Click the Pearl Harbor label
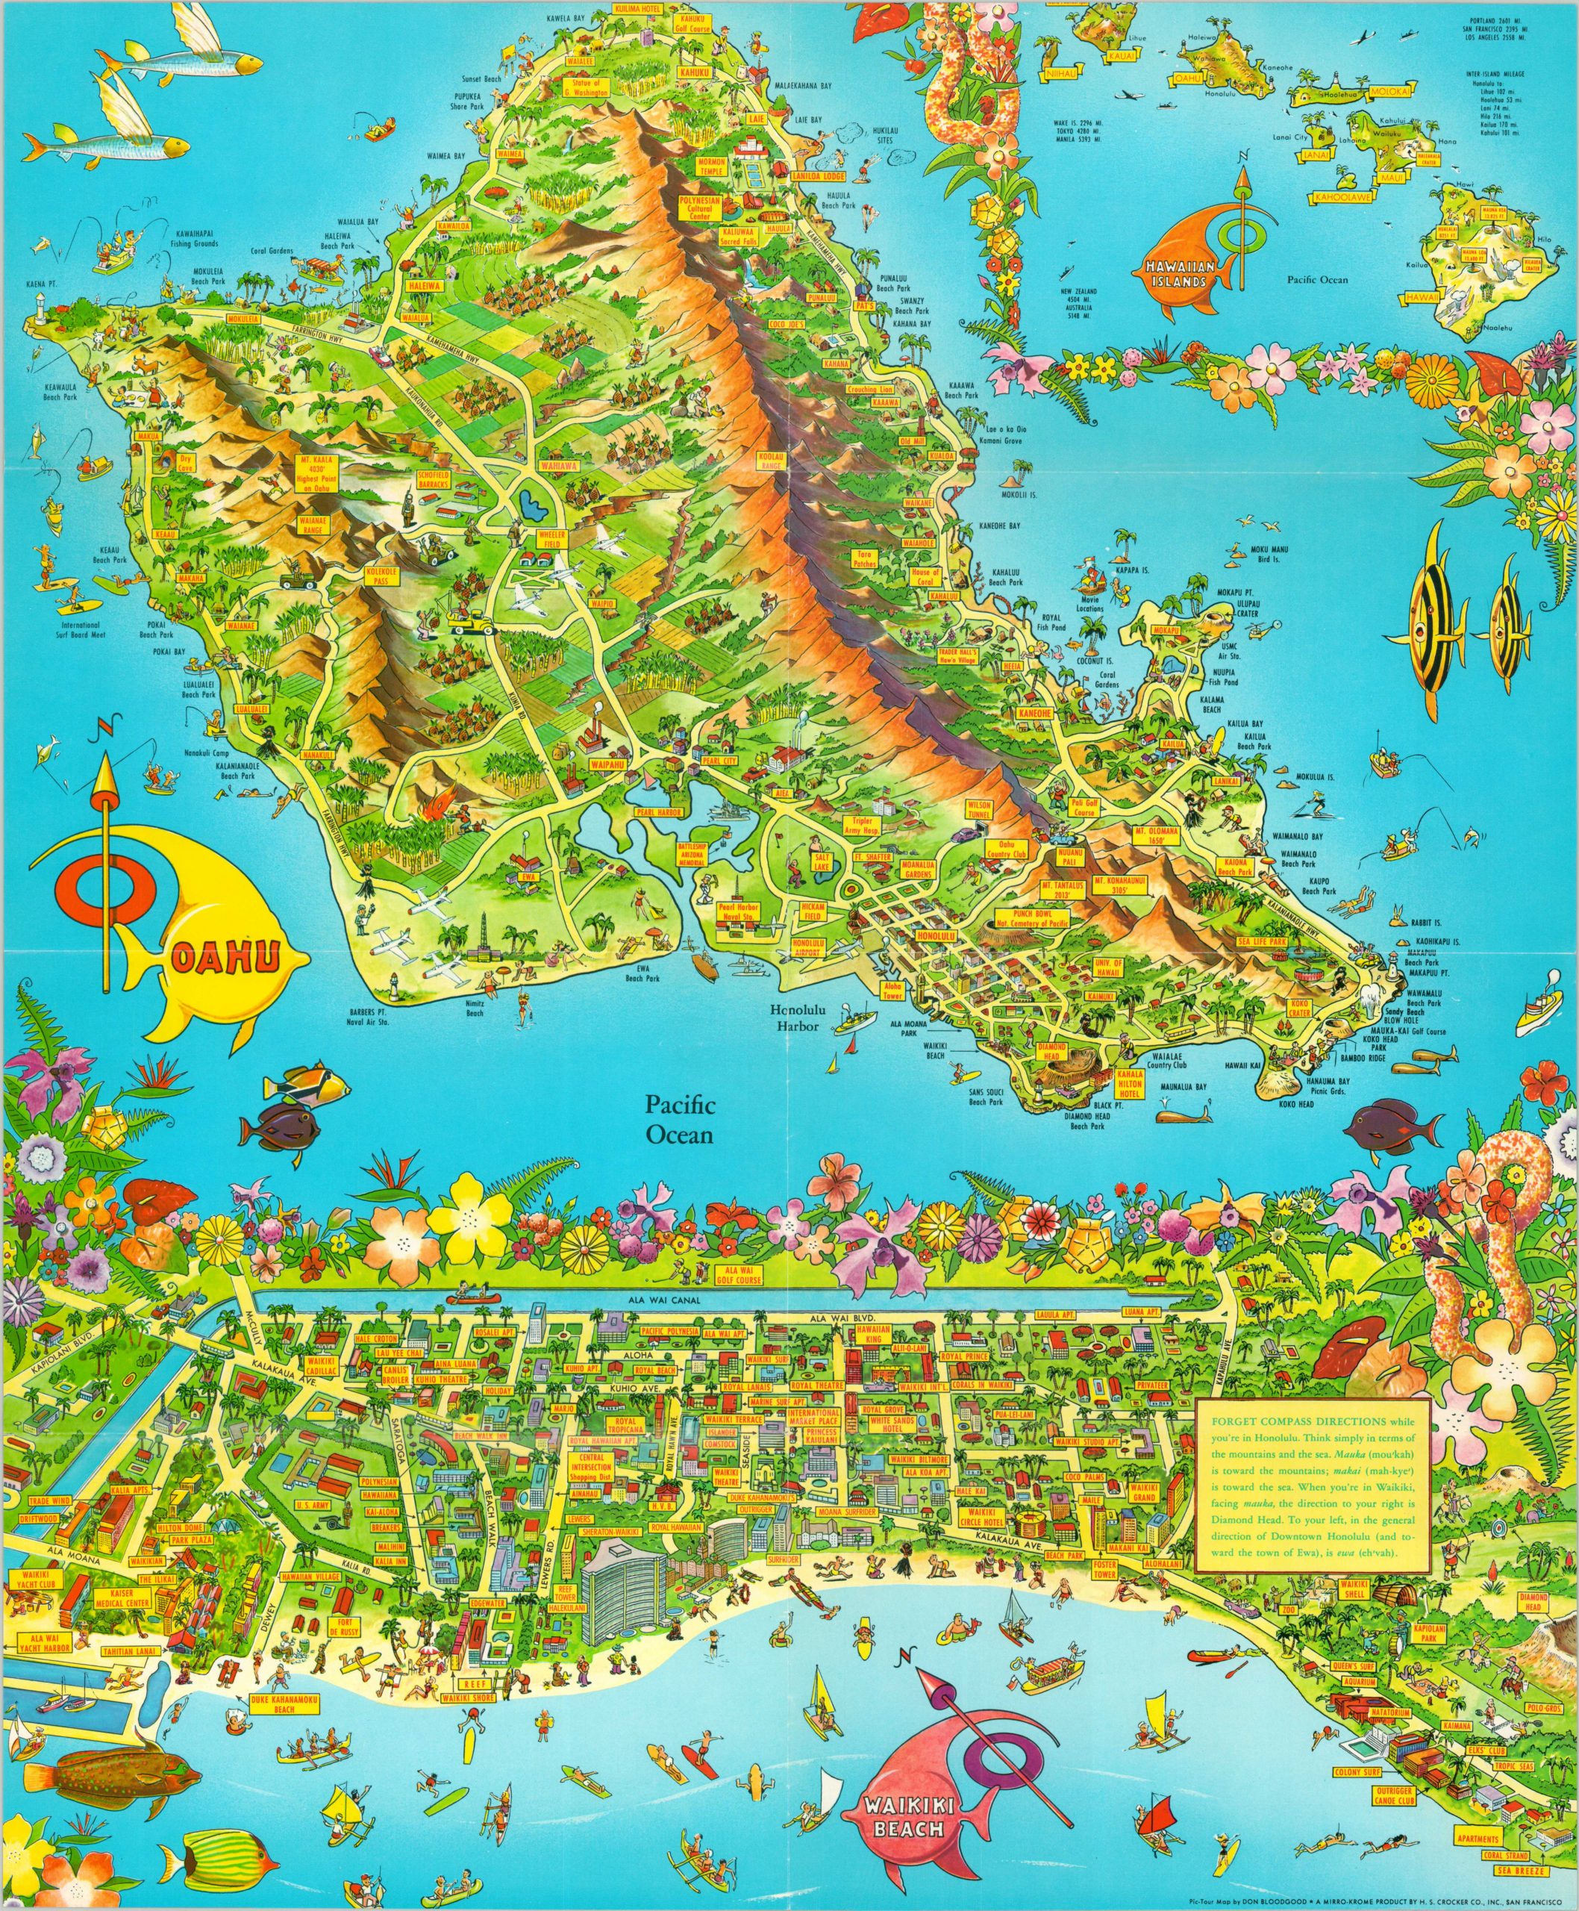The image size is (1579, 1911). point(651,810)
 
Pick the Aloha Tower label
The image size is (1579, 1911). point(892,991)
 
